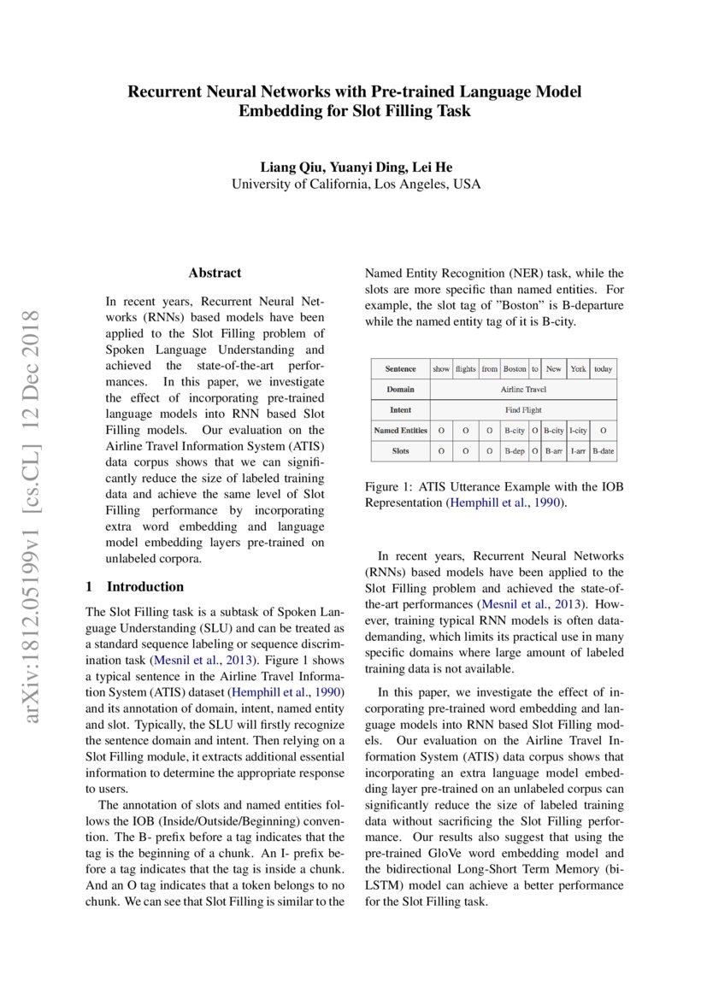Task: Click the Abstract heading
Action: pyautogui.click(x=215, y=273)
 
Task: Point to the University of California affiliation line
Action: pyautogui.click(x=356, y=184)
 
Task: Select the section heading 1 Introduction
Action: pyautogui.click(x=135, y=586)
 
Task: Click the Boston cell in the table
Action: pyautogui.click(x=515, y=369)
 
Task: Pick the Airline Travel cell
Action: pyautogui.click(x=522, y=390)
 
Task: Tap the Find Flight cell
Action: pyautogui.click(x=522, y=410)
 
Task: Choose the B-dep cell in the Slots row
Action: pyautogui.click(x=515, y=450)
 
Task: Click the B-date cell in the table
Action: pyautogui.click(x=604, y=450)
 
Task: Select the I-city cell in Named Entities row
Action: pyautogui.click(x=578, y=431)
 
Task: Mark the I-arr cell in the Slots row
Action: pyautogui.click(x=578, y=450)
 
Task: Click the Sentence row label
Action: pyautogui.click(x=400, y=369)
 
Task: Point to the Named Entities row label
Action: pyautogui.click(x=400, y=431)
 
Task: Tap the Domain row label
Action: pyautogui.click(x=400, y=390)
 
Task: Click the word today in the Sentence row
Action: pyautogui.click(x=604, y=369)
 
